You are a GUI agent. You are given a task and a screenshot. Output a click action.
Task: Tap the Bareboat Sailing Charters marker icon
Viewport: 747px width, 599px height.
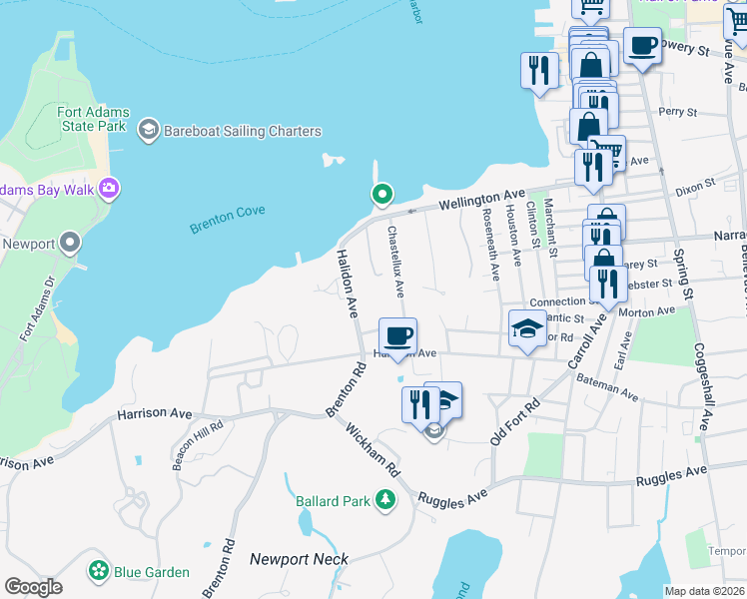[149, 129]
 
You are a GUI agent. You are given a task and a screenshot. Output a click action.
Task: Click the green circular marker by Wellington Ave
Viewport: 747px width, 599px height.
[380, 194]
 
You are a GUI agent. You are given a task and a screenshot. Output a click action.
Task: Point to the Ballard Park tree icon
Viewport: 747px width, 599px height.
[385, 499]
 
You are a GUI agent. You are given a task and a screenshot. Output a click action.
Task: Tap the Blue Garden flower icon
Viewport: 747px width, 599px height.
[99, 571]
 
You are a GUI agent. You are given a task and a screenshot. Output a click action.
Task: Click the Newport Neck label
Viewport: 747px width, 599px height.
[300, 559]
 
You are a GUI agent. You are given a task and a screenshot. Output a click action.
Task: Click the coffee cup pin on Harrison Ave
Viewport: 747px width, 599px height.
[397, 335]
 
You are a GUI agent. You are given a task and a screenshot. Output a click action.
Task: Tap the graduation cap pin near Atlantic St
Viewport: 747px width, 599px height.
[526, 328]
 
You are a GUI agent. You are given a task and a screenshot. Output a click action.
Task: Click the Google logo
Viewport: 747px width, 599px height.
[32, 588]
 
